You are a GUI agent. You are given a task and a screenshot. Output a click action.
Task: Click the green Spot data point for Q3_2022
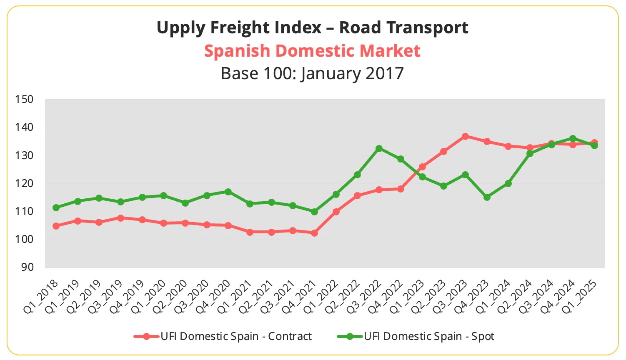click(379, 148)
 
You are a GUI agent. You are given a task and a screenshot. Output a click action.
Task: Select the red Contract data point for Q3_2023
click(465, 136)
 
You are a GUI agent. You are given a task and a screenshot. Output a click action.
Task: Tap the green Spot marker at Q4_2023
click(487, 197)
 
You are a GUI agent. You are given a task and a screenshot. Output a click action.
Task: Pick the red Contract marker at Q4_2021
click(314, 233)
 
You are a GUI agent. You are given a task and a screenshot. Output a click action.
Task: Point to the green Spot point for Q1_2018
click(56, 207)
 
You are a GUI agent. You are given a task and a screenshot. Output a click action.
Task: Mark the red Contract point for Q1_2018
click(56, 226)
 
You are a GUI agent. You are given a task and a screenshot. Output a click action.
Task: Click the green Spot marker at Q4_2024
click(573, 138)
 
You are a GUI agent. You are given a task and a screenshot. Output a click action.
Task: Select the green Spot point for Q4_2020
click(228, 192)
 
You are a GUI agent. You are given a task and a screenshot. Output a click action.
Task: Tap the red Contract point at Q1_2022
click(336, 212)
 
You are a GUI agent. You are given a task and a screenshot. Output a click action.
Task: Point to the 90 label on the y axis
click(27, 267)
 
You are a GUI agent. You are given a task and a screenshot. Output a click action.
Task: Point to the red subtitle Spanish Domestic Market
click(312, 51)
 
